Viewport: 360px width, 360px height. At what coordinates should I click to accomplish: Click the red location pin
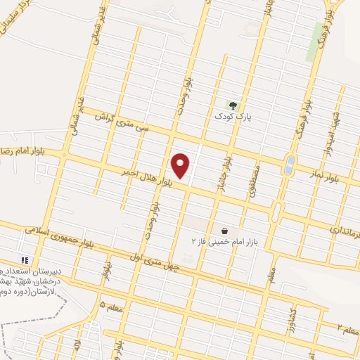tap(181, 165)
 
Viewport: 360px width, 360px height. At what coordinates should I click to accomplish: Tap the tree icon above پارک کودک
tap(233, 106)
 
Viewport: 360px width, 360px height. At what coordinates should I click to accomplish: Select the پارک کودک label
tap(233, 117)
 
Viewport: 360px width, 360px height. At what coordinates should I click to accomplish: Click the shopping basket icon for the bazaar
tap(224, 231)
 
